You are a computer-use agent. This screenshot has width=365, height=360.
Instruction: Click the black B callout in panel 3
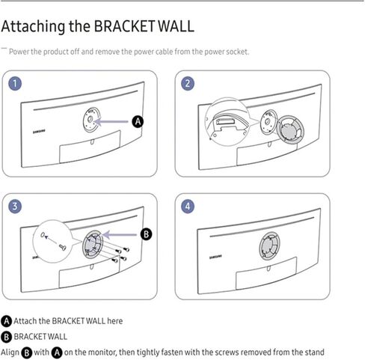coord(147,234)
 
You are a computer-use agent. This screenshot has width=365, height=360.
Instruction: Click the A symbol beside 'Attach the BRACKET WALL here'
coord(7,320)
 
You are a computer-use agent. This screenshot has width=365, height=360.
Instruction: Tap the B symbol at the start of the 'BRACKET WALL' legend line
coord(7,336)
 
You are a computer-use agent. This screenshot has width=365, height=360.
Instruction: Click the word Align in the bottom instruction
coord(10,352)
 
